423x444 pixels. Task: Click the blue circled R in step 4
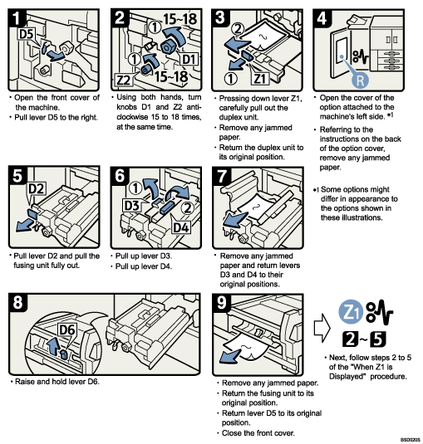[359, 81]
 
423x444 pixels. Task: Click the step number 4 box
[326, 17]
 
